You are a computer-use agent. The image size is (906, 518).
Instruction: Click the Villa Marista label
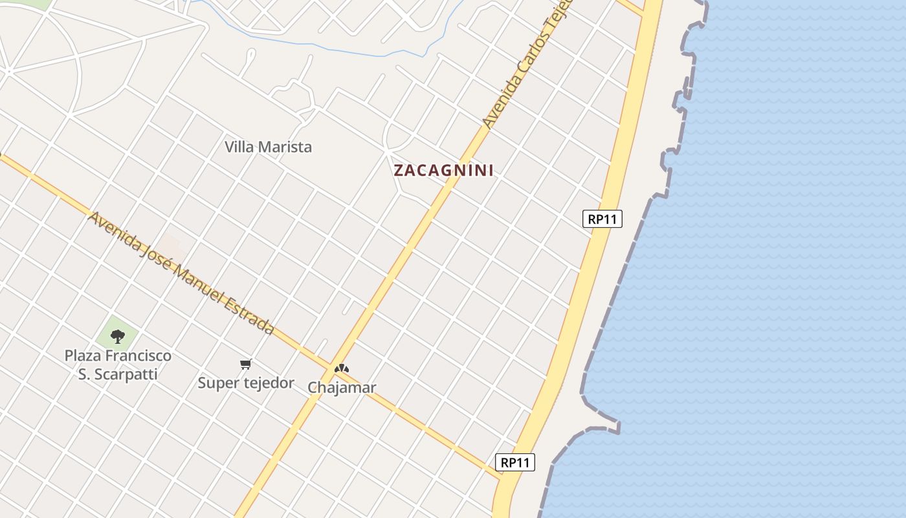268,147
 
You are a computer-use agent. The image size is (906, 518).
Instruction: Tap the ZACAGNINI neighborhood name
444,170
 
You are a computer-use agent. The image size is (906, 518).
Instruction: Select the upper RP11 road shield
602,219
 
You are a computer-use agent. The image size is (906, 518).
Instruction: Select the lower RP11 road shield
515,462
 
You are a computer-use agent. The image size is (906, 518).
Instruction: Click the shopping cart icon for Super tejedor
245,365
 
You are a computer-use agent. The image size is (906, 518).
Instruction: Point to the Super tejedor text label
246,383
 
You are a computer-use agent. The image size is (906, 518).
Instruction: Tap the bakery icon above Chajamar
342,368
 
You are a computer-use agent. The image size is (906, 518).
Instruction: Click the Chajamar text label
342,388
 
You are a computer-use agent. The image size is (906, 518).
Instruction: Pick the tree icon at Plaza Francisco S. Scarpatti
117,336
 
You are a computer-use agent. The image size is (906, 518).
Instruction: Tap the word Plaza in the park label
83,355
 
